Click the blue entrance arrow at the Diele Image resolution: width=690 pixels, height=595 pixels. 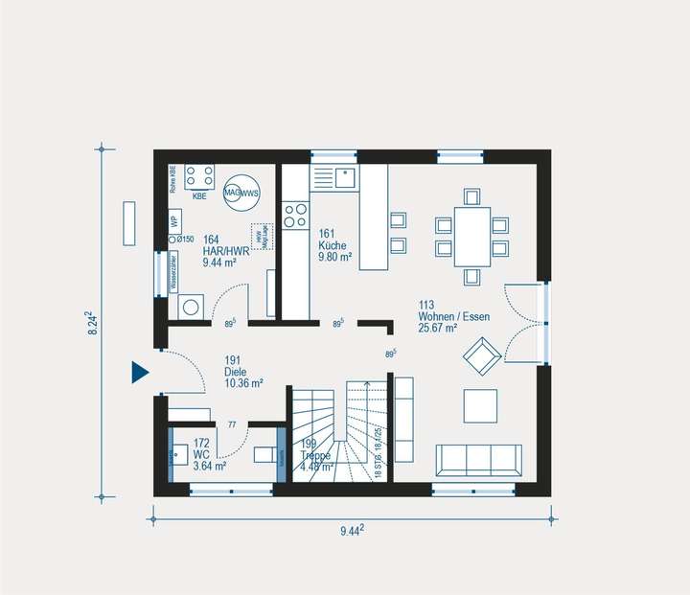140,372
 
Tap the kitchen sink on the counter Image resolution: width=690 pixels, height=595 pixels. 343,177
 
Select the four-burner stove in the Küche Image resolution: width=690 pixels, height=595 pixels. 295,213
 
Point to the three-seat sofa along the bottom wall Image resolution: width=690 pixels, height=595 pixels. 479,460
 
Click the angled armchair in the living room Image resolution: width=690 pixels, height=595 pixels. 480,355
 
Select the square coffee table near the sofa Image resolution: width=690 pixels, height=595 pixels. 480,405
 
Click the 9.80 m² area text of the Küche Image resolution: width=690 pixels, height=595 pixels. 335,257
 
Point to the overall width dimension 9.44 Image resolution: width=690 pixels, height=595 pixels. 353,529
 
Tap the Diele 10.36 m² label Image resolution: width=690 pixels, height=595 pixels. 244,382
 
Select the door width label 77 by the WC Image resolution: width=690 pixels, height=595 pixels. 231,423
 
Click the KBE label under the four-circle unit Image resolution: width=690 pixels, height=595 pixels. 199,196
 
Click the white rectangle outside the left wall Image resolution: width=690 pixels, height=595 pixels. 128,224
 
